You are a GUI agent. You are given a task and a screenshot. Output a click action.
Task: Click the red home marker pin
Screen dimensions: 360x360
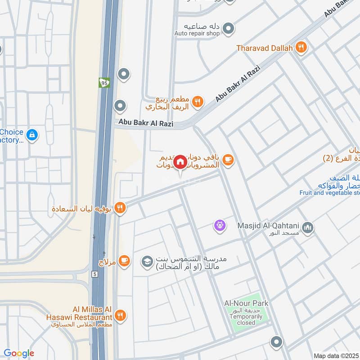180,162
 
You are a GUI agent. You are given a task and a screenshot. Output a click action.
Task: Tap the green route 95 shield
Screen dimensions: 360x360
104,82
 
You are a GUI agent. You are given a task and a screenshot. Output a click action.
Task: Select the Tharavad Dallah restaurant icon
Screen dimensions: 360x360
301,47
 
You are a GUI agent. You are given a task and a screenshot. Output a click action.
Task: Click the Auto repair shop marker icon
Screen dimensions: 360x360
229,28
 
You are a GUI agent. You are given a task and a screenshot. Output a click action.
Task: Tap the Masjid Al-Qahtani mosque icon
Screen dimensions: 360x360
308,228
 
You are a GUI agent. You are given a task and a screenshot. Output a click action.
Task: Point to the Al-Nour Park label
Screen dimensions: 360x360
246,303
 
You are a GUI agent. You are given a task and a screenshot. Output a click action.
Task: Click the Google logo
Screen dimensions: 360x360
19,353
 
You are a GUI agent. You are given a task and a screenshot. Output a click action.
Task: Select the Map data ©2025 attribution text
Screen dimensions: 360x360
335,355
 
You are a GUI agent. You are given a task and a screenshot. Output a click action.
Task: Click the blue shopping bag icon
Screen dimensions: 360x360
32,134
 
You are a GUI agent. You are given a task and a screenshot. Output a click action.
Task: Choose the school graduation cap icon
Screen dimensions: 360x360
147,261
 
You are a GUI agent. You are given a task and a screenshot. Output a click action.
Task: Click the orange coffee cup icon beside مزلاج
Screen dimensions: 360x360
125,261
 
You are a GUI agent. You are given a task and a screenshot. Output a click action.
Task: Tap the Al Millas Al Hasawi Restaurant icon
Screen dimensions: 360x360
120,315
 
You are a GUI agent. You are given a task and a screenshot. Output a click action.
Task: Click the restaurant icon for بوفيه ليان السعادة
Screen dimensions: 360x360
120,207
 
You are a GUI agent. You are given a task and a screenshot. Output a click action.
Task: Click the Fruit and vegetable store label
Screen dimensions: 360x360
329,193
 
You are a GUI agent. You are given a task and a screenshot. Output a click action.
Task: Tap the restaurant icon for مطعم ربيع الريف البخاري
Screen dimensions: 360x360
197,102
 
